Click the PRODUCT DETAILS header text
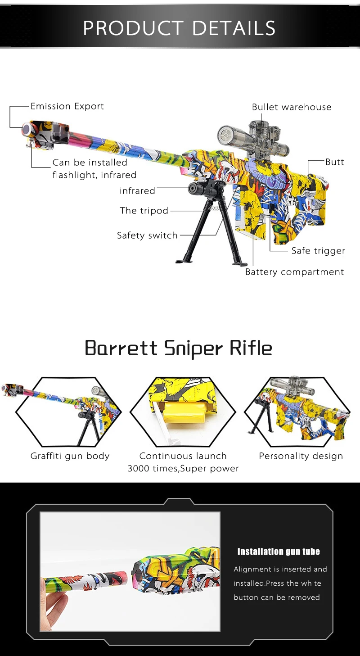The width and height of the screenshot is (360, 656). click(180, 28)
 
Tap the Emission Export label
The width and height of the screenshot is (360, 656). click(67, 106)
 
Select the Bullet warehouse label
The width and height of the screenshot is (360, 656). click(291, 107)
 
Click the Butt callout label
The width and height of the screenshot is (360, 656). click(334, 162)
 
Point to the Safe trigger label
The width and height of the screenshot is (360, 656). click(318, 251)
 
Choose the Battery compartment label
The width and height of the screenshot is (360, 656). click(294, 272)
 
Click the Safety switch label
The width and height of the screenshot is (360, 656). click(147, 235)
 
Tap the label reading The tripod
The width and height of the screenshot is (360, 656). click(144, 211)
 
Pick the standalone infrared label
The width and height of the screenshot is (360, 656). click(137, 191)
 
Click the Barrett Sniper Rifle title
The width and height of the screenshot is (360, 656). click(179, 348)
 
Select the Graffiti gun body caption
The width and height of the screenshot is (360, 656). click(70, 456)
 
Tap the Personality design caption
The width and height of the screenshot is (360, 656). click(301, 456)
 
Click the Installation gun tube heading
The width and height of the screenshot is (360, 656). click(279, 552)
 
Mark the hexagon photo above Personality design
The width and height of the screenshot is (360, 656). click(297, 410)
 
